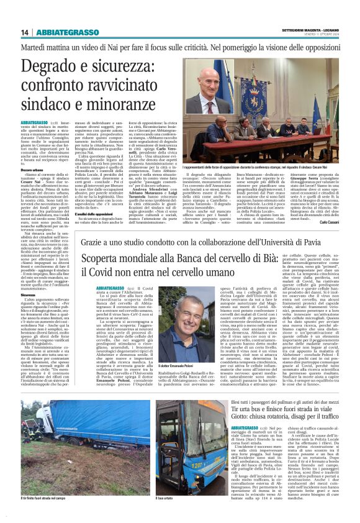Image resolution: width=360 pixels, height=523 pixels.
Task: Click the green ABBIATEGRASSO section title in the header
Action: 58,32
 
